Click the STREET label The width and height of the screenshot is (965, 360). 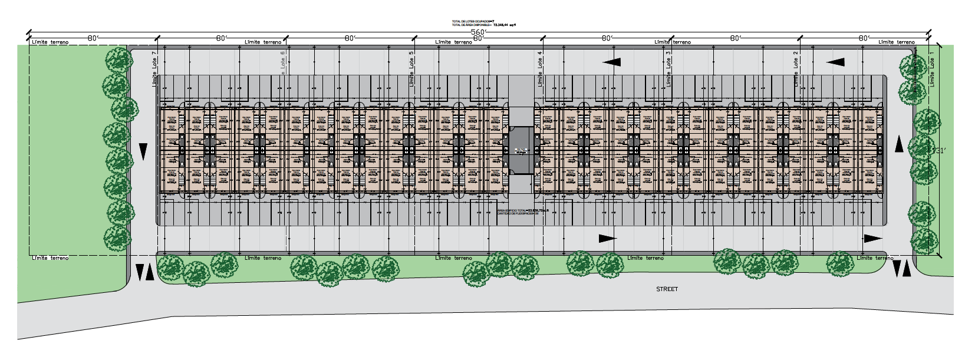[667, 289]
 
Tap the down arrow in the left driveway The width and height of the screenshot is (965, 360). [143, 151]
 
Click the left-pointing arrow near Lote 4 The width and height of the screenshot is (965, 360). [611, 62]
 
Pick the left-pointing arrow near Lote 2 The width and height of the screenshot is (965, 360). [835, 62]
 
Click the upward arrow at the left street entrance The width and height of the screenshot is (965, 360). [150, 272]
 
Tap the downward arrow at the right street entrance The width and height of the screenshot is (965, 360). [897, 269]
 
